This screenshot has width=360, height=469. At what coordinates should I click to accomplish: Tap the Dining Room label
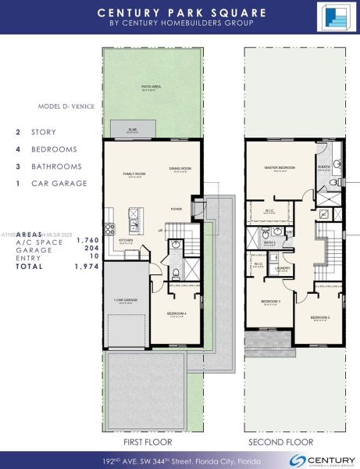coord(180,168)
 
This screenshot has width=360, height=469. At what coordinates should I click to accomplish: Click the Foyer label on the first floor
coord(177,209)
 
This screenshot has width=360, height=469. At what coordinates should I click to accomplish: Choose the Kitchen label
coord(127,242)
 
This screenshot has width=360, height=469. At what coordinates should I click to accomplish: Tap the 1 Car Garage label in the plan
coord(126,299)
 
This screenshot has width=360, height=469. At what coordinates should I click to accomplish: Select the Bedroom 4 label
coord(176,313)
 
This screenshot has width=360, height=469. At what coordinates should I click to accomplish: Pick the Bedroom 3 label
coord(270,303)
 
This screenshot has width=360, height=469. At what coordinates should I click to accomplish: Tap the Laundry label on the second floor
coord(282,268)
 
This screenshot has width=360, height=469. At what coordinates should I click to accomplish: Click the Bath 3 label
coord(269,242)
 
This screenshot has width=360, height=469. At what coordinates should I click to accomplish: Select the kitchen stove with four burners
coord(109,230)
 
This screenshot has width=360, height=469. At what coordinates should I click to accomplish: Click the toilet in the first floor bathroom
coord(176,273)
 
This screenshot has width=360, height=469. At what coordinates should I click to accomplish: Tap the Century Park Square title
coord(180,13)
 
